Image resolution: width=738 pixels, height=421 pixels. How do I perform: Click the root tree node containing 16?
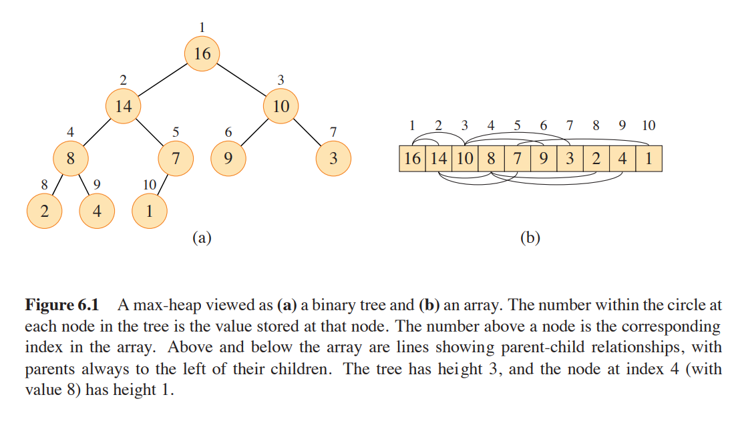point(202,53)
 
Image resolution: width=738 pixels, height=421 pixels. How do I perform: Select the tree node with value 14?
point(124,106)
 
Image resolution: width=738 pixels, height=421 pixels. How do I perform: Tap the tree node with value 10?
point(281,106)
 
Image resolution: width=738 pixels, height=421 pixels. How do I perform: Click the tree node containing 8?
point(71,159)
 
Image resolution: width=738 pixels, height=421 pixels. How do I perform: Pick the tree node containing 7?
point(176,159)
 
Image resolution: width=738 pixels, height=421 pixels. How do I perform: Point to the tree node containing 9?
point(228,159)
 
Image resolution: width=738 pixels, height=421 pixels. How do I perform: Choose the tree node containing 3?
point(333,159)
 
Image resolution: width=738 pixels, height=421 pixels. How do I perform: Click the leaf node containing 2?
point(44,212)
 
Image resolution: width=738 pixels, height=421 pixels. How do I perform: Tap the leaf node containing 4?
point(97,212)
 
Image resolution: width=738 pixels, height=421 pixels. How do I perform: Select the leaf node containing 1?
point(149,212)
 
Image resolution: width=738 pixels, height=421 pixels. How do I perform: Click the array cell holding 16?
point(413,159)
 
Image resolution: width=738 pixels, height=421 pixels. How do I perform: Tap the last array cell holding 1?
point(648,159)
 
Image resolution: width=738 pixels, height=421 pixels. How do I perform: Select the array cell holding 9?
point(543,159)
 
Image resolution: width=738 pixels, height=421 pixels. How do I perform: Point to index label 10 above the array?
point(648,125)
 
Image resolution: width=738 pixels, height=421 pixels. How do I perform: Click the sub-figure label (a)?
point(202,238)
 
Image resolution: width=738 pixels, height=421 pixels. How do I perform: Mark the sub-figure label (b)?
point(530,238)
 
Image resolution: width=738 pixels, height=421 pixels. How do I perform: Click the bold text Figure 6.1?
point(61,306)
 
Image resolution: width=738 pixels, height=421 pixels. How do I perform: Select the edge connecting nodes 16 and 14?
point(163,79)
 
